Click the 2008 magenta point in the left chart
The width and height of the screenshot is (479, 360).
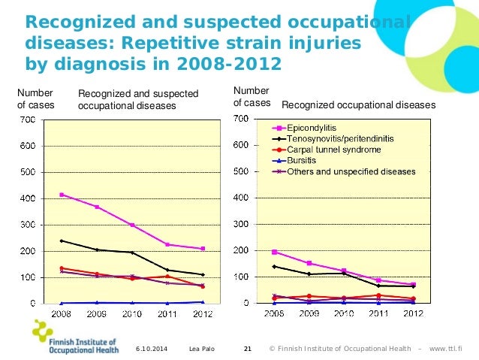[x=61, y=195]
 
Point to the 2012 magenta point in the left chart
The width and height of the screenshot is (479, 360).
[x=203, y=249]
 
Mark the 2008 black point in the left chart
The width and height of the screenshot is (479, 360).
[x=61, y=241]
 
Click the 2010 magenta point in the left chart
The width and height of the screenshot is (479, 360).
[x=132, y=225]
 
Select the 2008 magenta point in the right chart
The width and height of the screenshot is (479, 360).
[x=274, y=252]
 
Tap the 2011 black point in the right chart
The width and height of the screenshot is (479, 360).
[x=378, y=286]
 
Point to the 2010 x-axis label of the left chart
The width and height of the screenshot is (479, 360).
[x=132, y=313]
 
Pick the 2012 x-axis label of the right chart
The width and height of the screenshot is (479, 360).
[x=413, y=313]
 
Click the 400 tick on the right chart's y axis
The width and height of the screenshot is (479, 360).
[x=242, y=198]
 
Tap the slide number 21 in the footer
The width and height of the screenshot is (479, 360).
[x=249, y=349]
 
